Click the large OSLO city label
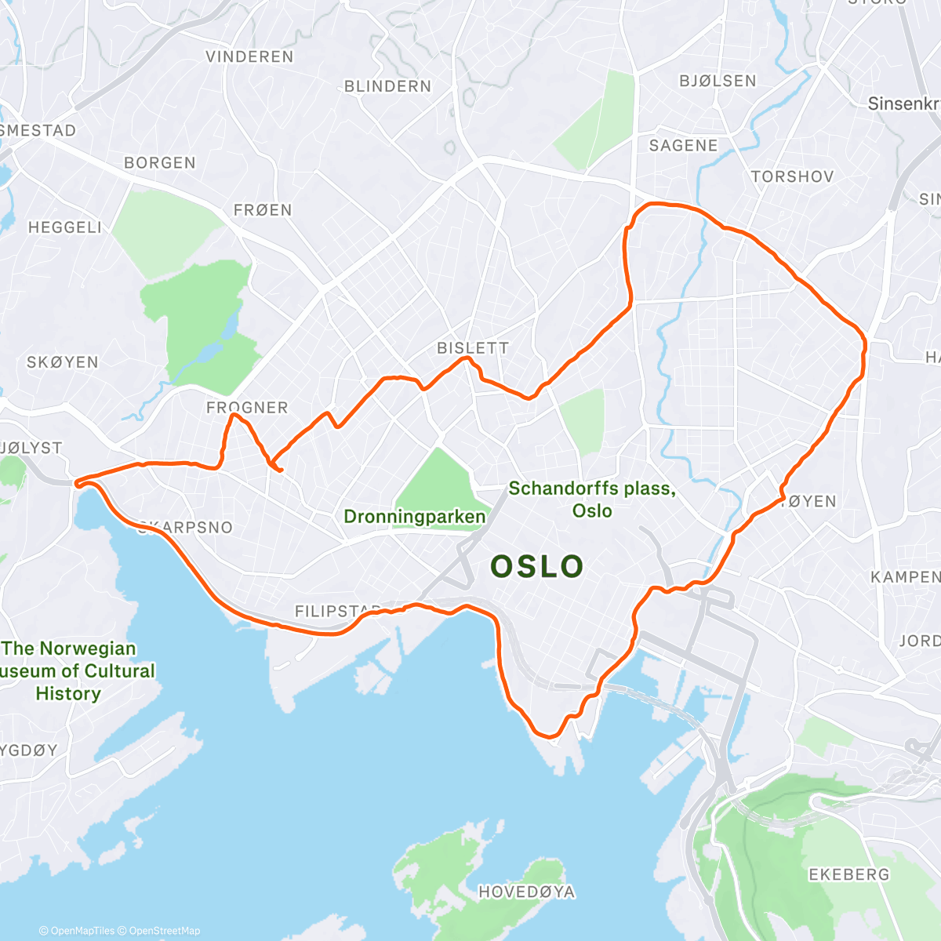pos(537,566)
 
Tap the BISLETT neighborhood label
pos(473,348)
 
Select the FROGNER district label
pos(247,408)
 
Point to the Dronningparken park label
pos(415,517)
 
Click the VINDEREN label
pos(249,57)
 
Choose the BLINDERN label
pos(388,86)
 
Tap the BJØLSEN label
pos(718,81)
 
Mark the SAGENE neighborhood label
pos(683,146)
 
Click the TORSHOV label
pos(792,177)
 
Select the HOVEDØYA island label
pos(526,892)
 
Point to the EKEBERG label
pos(849,874)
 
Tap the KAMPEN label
pos(905,577)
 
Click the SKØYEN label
pos(63,362)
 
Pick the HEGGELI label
pos(65,227)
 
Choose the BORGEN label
pos(160,163)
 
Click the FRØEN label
pos(263,210)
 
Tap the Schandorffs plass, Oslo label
pos(592,500)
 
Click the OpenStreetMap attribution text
pos(164,931)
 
